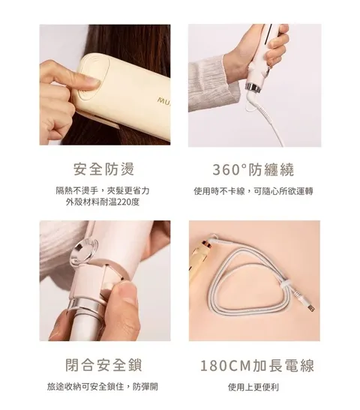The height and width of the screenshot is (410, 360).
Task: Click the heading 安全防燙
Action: (103, 169)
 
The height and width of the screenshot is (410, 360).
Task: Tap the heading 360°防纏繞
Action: (253, 169)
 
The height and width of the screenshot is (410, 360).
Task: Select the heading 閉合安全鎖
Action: (103, 365)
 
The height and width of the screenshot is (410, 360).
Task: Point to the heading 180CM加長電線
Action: (257, 365)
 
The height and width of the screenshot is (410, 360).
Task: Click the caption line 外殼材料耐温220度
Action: (103, 202)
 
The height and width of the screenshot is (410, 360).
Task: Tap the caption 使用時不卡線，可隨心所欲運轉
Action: (253, 191)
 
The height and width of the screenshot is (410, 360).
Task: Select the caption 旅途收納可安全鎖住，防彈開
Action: (103, 386)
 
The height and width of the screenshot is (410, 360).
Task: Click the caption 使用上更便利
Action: (253, 387)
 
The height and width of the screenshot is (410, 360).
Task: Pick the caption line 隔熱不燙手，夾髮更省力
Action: (103, 190)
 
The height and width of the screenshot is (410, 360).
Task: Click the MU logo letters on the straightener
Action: (163, 100)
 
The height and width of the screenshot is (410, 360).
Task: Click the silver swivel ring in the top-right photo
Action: (253, 88)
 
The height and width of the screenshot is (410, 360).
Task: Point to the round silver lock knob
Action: (84, 250)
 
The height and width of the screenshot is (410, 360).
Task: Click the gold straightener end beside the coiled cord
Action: (202, 259)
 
